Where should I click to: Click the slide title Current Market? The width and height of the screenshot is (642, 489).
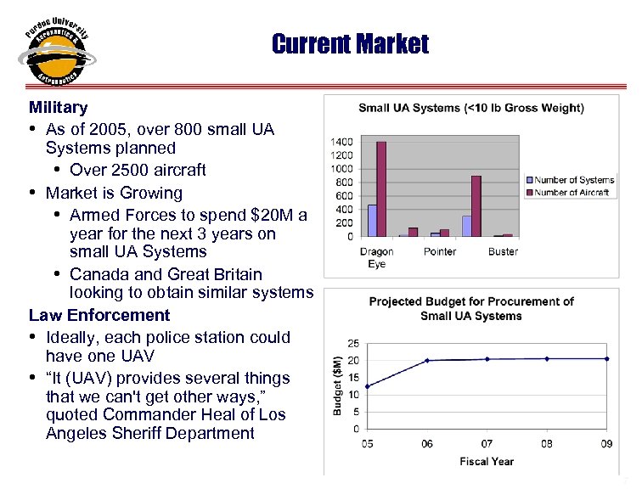(x=350, y=43)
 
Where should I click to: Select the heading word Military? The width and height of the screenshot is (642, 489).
(x=58, y=108)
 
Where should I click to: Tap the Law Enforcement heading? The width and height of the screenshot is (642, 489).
(x=99, y=315)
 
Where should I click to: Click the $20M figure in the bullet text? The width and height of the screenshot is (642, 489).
(x=271, y=215)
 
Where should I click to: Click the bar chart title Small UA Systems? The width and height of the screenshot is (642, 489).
(x=470, y=108)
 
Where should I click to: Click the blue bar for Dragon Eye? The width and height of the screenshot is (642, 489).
(x=371, y=220)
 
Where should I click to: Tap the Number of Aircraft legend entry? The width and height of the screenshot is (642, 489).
(x=572, y=193)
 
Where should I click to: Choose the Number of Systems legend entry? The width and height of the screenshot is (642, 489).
(x=574, y=180)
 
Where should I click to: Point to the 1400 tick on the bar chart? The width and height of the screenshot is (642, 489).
(x=341, y=142)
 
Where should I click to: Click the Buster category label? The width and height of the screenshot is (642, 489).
(x=503, y=251)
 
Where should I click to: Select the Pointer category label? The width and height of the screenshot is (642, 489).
(x=440, y=251)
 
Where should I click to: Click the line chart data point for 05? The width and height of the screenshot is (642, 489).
(x=366, y=386)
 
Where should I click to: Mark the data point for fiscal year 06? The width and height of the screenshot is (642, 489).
(x=426, y=360)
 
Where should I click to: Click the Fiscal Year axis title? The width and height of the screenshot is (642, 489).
(x=487, y=461)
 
